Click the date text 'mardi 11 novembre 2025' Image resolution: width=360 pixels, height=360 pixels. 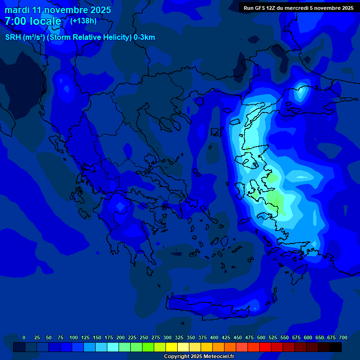point(58,10)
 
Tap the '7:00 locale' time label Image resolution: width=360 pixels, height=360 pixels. point(33,21)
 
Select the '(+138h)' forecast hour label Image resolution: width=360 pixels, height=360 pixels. point(83,21)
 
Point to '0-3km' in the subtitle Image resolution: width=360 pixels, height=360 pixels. point(144,37)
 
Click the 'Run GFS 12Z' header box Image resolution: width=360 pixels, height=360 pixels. point(298,7)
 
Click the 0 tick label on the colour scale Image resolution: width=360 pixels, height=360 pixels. point(24,337)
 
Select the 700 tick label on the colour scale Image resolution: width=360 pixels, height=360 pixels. point(343,337)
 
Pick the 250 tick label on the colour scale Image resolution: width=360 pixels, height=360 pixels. point(144,337)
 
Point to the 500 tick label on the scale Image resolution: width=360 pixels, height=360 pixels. point(261,337)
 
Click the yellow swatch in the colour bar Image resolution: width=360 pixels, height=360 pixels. point(172,347)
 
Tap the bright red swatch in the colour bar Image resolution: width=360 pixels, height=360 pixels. point(265,347)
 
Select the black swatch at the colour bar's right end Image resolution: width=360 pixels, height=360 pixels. point(336,347)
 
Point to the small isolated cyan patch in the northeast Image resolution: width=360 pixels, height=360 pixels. point(300,92)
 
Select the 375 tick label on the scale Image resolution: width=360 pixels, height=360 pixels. point(202,337)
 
